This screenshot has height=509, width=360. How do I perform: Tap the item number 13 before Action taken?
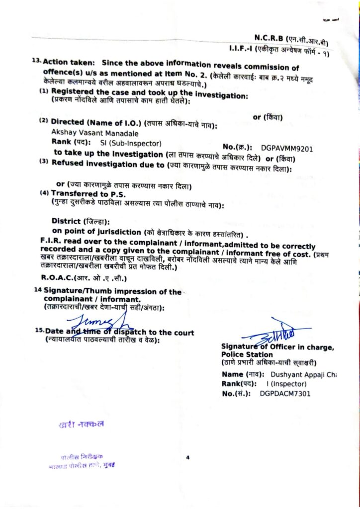[35, 61]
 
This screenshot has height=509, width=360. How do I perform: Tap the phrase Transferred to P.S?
[82, 193]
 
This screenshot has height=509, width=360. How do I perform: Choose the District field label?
[65, 221]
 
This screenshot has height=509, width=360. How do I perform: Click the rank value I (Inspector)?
[286, 384]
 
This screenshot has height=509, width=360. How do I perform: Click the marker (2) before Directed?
[44, 121]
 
